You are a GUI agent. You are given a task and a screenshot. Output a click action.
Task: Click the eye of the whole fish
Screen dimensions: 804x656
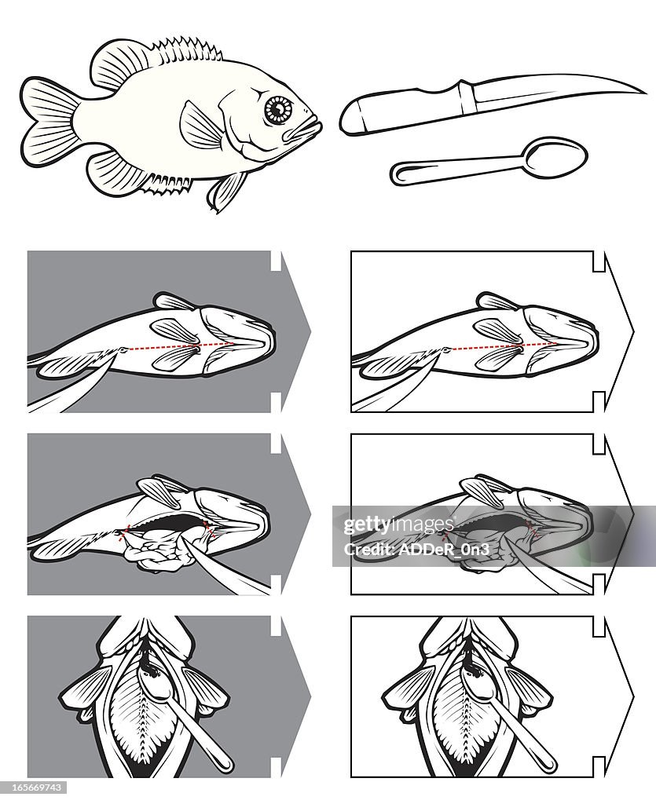tap(278, 110)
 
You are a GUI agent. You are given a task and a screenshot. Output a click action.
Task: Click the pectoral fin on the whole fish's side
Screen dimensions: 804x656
tap(202, 126)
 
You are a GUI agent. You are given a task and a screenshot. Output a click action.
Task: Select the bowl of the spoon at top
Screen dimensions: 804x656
tap(555, 152)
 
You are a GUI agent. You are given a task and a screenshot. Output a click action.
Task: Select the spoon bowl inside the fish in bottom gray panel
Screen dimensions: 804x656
tap(152, 683)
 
